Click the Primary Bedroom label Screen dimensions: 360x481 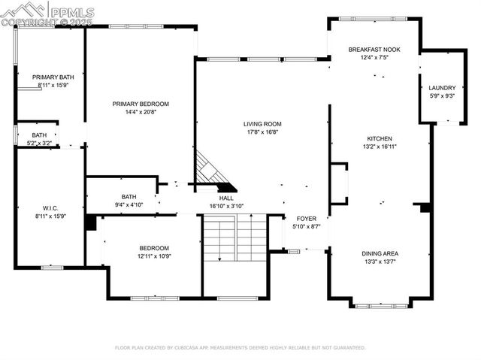tap(141, 104)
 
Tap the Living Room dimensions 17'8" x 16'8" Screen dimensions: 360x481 tap(262, 132)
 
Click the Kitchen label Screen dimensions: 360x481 tap(379, 138)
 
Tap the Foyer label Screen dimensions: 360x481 tap(305, 218)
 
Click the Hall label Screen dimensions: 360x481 tap(225, 198)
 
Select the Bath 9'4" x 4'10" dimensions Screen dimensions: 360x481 tap(129, 204)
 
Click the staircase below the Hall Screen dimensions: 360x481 tap(234, 237)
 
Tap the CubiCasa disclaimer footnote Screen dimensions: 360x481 tap(240, 348)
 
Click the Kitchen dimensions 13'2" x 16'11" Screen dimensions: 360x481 tap(379, 147)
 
